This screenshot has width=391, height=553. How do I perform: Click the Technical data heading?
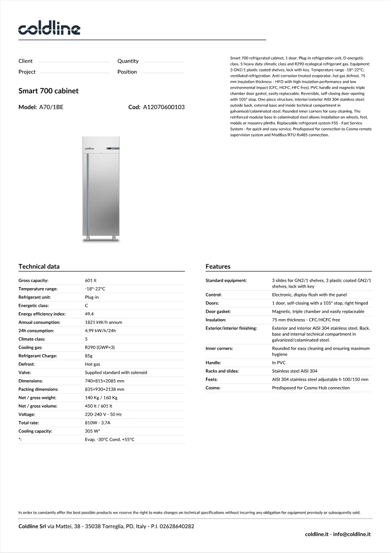tap(39, 266)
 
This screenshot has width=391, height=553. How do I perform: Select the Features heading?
tap(218, 266)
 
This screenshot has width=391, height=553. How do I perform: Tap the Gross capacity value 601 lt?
tap(91, 280)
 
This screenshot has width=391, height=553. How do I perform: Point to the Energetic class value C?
tap(87, 305)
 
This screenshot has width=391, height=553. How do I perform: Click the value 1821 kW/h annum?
tap(103, 322)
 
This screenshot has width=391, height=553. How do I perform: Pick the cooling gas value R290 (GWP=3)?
tap(100, 347)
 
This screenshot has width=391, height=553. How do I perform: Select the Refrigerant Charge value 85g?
tap(90, 356)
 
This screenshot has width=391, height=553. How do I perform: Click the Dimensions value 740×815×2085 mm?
tap(104, 381)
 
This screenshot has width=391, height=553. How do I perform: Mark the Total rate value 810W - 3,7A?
tap(98, 423)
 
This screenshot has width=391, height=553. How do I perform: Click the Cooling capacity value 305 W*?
tap(93, 431)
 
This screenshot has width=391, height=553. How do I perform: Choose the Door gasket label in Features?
tap(218, 311)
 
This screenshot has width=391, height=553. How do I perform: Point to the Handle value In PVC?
tap(279, 362)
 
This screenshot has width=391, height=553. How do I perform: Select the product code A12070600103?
tap(163, 107)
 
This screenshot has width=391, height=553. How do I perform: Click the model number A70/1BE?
tap(51, 107)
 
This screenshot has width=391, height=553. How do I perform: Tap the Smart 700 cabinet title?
tap(48, 91)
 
